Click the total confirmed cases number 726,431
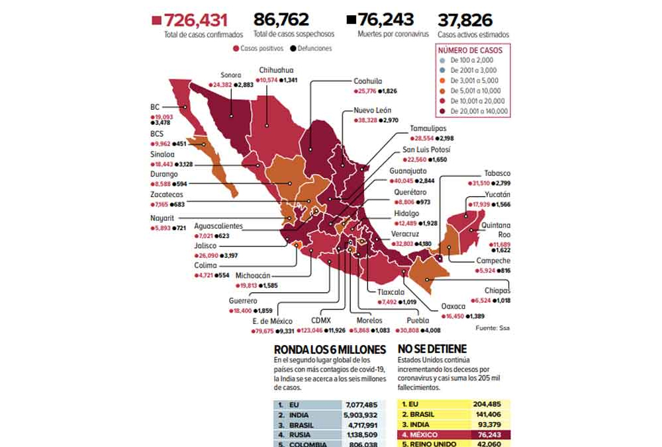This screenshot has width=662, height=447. [203, 19]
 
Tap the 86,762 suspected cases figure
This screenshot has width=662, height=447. [281, 19]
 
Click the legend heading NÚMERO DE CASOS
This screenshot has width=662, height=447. [470, 50]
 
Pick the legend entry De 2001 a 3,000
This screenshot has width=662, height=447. [473, 69]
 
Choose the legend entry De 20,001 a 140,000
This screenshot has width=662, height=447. [479, 111]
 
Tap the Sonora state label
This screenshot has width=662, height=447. [230, 75]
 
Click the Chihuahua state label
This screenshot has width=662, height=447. [276, 70]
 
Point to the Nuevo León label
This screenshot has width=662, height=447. [373, 110]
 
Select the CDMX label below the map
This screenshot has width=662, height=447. [312, 321]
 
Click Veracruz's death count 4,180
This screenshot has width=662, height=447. [430, 243]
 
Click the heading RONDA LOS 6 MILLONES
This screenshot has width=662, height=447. [329, 349]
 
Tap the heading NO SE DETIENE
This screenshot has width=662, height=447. [432, 349]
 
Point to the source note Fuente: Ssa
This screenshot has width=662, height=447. [493, 328]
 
